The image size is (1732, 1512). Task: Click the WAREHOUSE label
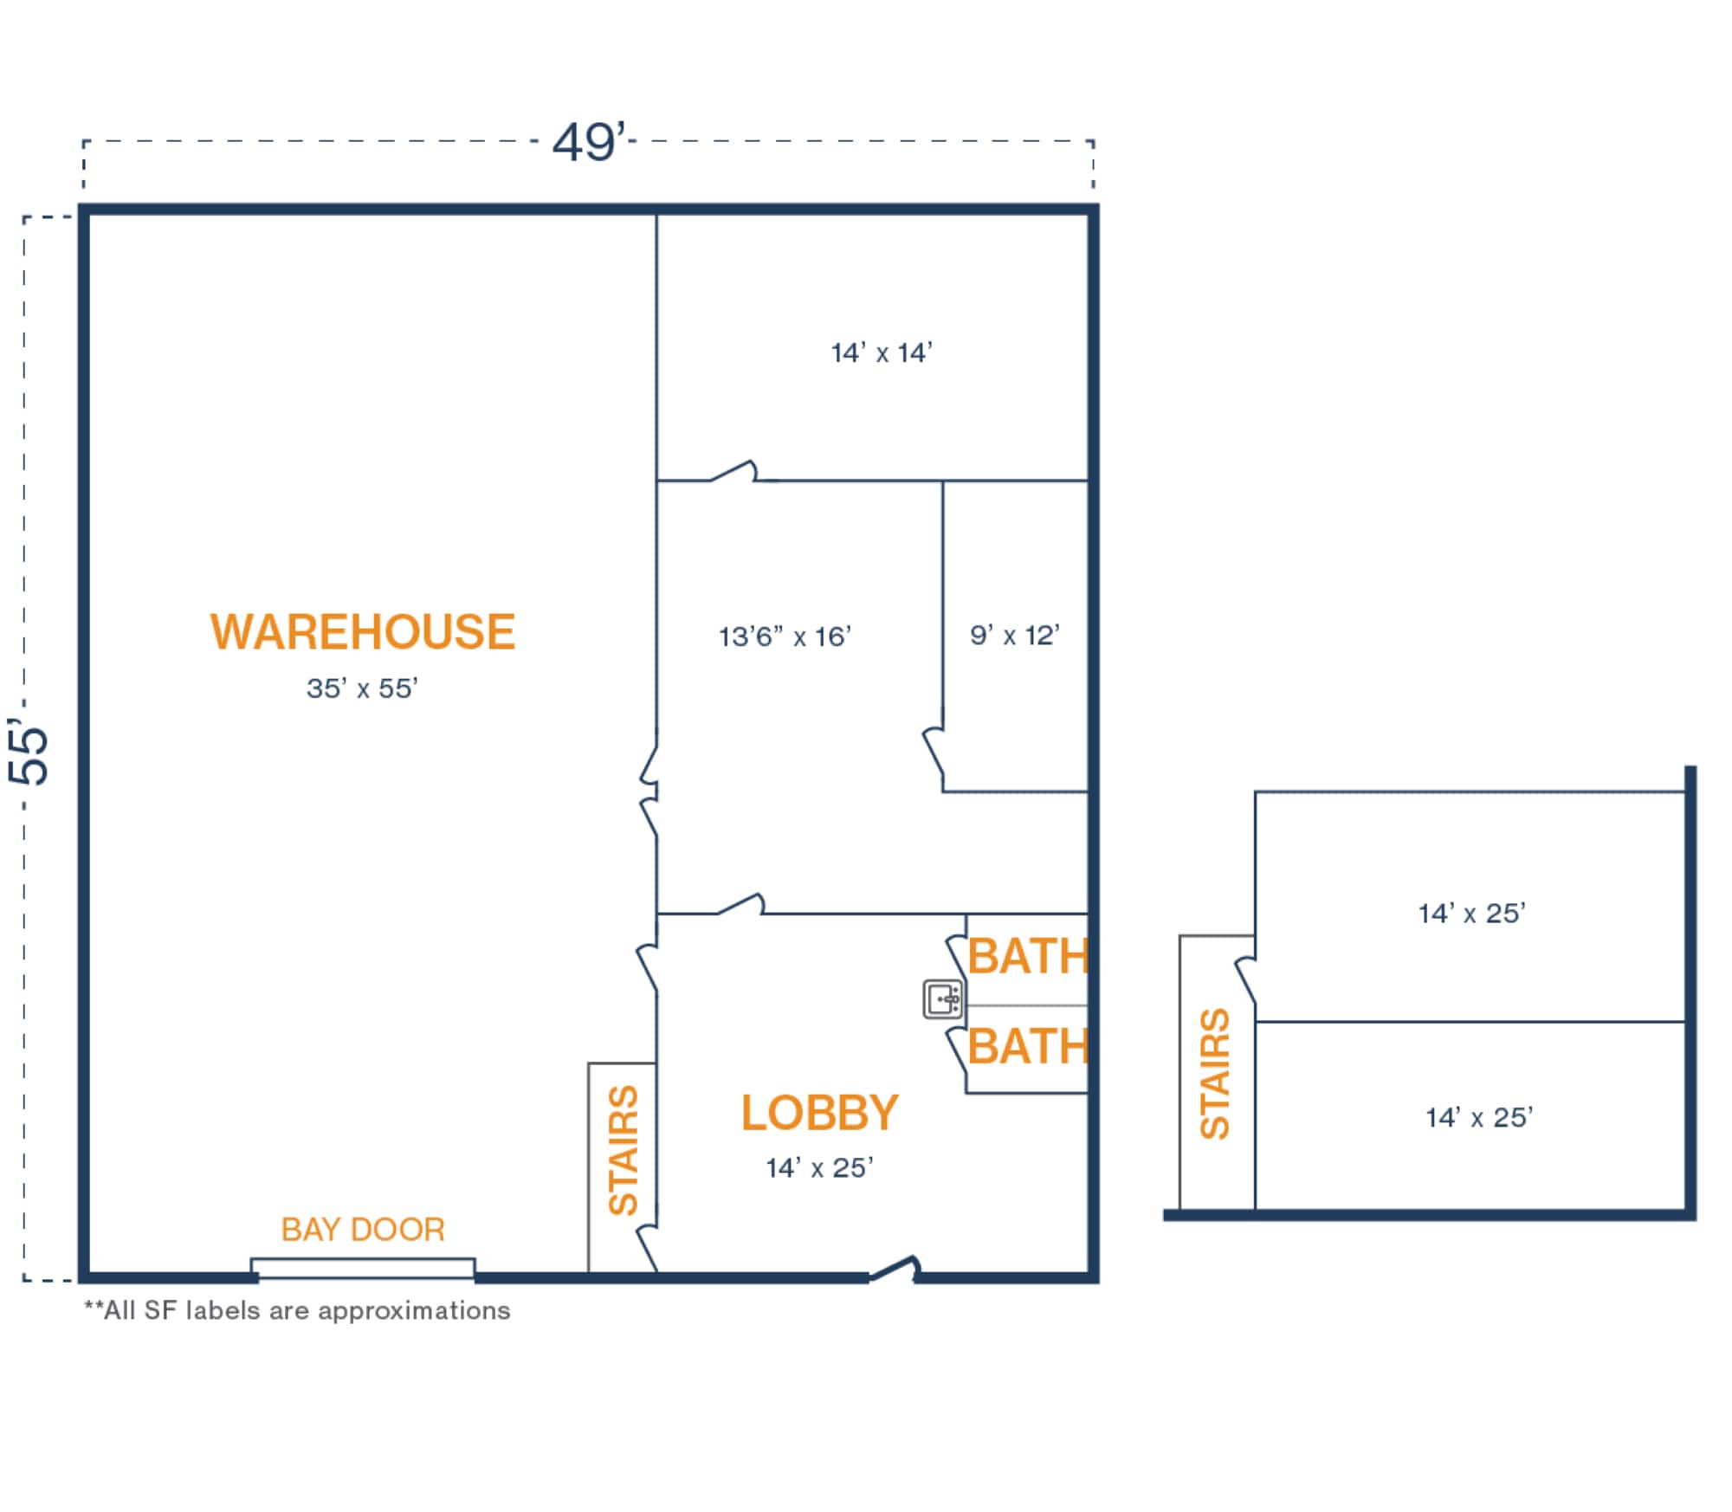coord(362,631)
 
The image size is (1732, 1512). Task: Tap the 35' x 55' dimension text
coord(362,688)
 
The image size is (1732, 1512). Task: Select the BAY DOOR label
coord(363,1230)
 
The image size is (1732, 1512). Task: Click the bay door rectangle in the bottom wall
coord(363,1268)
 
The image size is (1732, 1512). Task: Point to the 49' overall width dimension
coord(589,142)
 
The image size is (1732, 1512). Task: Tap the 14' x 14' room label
coord(882,353)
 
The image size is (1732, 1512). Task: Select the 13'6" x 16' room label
coord(785,637)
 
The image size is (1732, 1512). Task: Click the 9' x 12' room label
coord(1014,636)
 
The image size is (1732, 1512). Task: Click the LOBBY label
coord(819,1113)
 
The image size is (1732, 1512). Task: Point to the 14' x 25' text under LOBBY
coord(819,1168)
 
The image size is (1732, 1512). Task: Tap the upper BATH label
coord(1028,956)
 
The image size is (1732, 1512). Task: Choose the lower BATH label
coord(1028,1046)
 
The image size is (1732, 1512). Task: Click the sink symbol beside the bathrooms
coord(943,999)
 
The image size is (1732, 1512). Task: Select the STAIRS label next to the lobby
coord(624,1150)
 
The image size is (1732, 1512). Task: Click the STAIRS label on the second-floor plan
coord(1215,1074)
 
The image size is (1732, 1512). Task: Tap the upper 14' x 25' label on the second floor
coord(1471,914)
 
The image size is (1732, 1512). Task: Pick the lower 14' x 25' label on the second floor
coord(1479,1118)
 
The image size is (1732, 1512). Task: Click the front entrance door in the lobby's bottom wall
coord(894,1270)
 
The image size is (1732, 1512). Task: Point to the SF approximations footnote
coord(297,1310)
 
